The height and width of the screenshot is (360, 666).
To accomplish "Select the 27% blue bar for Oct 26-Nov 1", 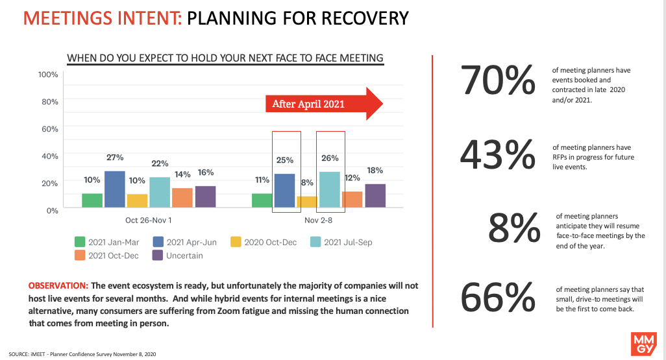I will tap(114, 189).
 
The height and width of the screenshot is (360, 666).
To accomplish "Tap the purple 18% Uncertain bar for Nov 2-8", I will tap(375, 196).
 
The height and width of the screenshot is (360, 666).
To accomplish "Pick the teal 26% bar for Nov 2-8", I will tap(330, 190).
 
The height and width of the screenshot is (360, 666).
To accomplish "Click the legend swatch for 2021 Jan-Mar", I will tap(80, 242).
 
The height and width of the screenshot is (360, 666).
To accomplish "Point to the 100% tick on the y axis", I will tap(48, 75).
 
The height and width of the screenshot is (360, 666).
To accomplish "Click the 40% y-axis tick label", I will tap(50, 156).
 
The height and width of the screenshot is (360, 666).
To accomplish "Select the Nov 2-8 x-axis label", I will tap(318, 221).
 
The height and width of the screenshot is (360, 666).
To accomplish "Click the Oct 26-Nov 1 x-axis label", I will tap(148, 221).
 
